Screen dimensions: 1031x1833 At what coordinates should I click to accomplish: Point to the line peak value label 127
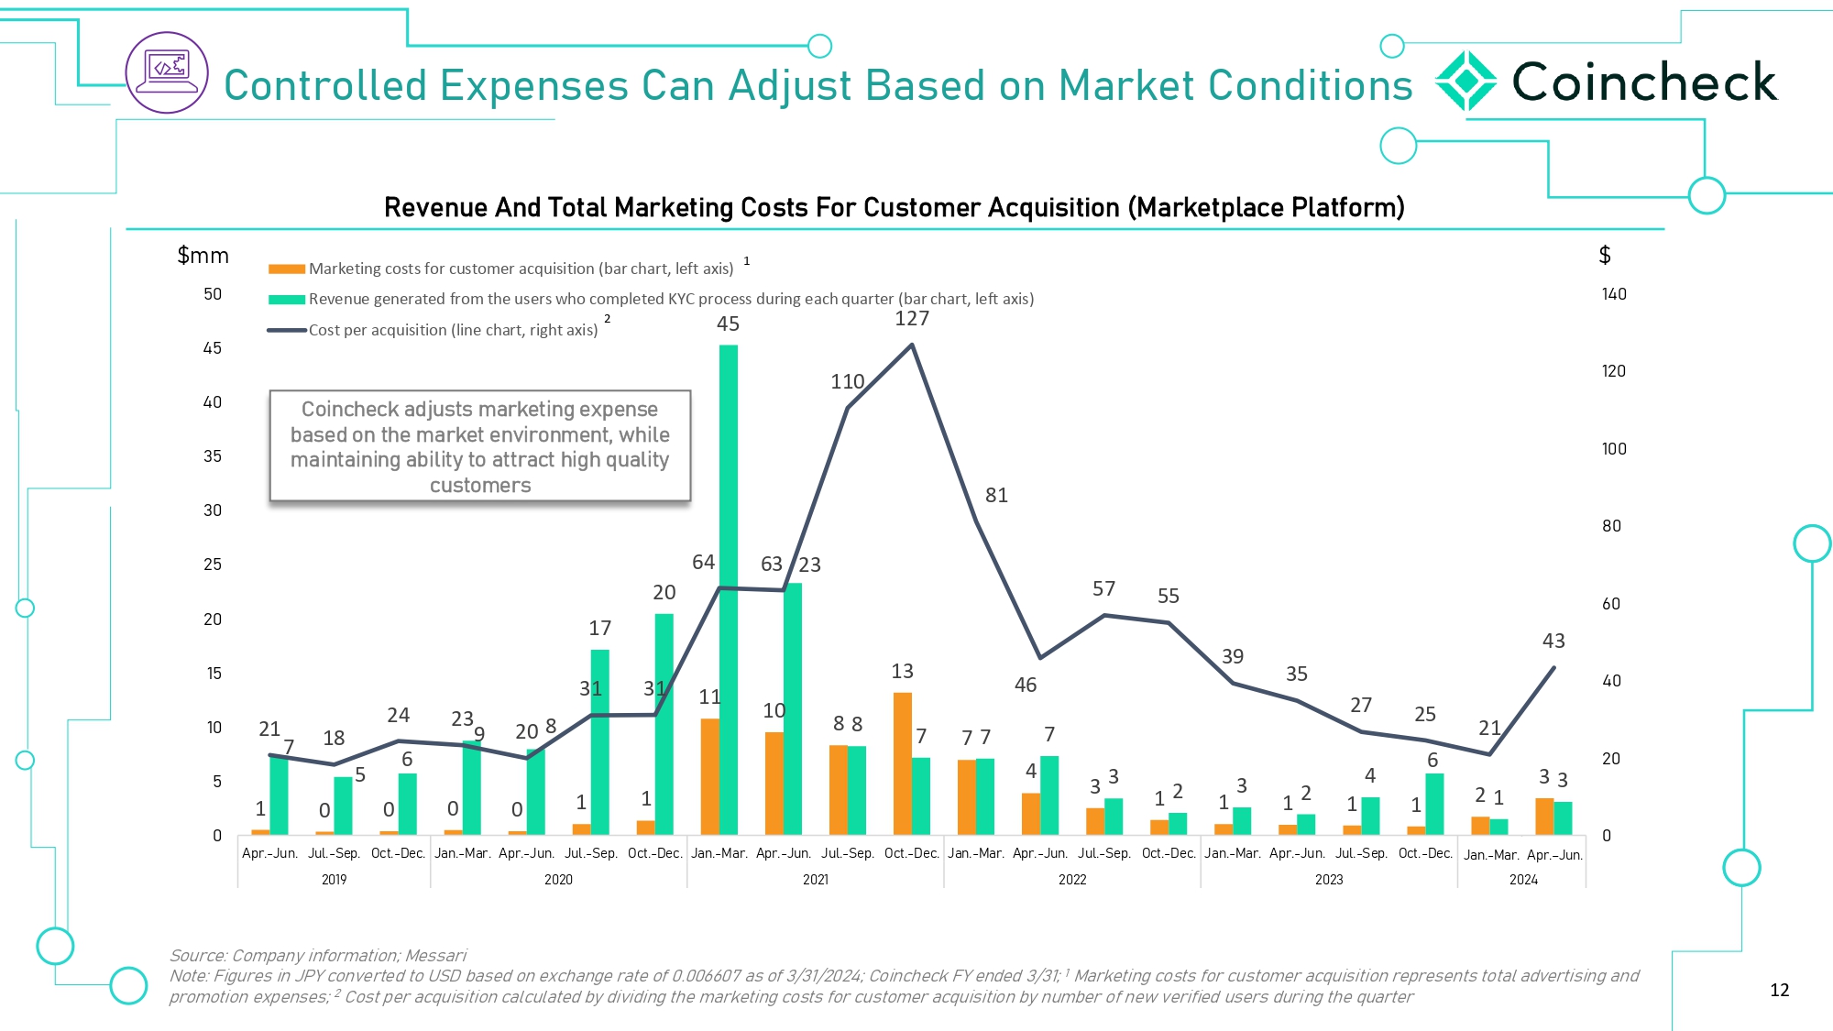tap(912, 319)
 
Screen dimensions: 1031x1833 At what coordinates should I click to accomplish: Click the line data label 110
tap(848, 382)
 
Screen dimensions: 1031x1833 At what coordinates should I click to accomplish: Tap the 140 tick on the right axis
tap(1614, 294)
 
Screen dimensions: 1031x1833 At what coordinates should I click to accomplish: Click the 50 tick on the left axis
tap(213, 294)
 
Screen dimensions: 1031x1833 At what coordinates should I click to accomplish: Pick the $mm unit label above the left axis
tap(203, 256)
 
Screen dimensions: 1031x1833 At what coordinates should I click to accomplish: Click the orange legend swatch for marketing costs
tap(286, 269)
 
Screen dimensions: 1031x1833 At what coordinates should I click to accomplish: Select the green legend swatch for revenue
tap(286, 299)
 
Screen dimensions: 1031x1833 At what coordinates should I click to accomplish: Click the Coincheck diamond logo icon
tap(1465, 82)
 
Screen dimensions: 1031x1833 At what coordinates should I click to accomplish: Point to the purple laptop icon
tap(167, 72)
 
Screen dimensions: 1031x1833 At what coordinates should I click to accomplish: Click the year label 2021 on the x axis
tap(816, 880)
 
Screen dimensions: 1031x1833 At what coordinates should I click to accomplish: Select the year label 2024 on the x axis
tap(1523, 880)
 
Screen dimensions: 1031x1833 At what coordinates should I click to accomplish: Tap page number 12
tap(1779, 990)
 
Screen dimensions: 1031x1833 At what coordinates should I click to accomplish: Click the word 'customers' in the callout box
tap(480, 486)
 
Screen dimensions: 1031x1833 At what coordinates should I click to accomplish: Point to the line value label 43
tap(1553, 642)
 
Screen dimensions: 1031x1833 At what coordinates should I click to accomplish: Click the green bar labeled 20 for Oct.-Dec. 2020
tap(664, 724)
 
